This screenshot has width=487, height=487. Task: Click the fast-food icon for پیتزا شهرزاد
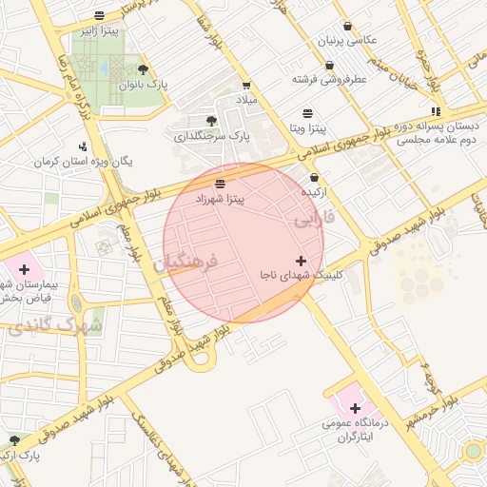pyautogui.click(x=221, y=183)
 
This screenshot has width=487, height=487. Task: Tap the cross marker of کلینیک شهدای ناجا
pyautogui.click(x=302, y=260)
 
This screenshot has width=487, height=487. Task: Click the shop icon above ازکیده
pyautogui.click(x=314, y=178)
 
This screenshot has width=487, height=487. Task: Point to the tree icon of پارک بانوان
pyautogui.click(x=143, y=69)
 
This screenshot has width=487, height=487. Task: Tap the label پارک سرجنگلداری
pyautogui.click(x=210, y=136)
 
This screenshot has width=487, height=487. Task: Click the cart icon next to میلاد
pyautogui.click(x=247, y=85)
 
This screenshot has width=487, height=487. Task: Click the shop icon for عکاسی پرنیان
pyautogui.click(x=346, y=25)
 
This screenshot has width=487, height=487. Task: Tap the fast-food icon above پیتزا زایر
pyautogui.click(x=100, y=15)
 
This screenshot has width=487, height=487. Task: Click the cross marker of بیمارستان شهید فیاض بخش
pyautogui.click(x=24, y=270)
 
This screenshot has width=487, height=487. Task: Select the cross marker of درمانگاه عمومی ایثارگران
pyautogui.click(x=355, y=408)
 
